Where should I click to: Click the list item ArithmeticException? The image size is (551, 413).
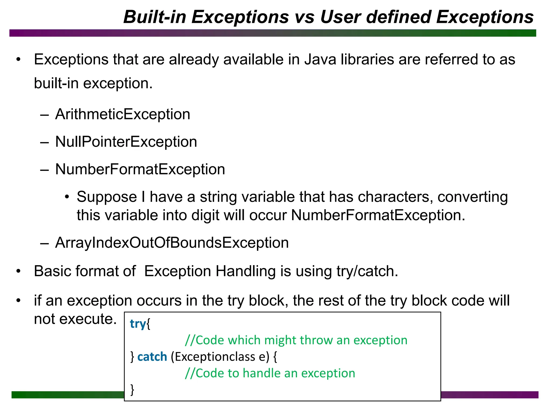point(122,114)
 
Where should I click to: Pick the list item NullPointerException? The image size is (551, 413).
point(126,142)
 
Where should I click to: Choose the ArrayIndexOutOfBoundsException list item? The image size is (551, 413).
point(172,243)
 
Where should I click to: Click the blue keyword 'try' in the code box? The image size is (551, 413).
point(137,324)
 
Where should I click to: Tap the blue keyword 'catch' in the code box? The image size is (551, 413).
point(152,357)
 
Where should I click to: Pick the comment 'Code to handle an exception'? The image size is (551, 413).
point(270,373)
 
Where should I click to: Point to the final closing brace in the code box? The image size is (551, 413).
point(132,389)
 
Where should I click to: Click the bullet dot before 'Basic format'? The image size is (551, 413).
point(18,271)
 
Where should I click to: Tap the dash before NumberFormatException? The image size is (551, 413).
point(44,170)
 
